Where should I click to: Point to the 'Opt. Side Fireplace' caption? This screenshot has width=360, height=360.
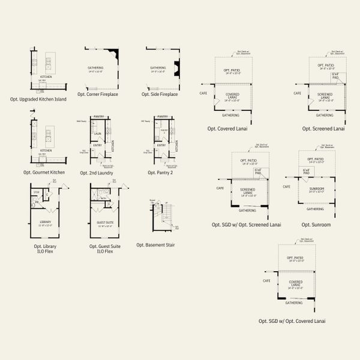[x=160, y=94]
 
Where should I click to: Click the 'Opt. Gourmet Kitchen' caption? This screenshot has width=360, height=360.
[x=44, y=172]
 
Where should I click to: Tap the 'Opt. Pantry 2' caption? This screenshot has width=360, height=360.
[x=160, y=172]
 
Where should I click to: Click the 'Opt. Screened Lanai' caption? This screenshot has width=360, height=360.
[x=323, y=128]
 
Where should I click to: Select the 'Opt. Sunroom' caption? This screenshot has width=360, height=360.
[x=316, y=224]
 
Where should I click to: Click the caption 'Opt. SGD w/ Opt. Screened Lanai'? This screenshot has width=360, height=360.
[x=247, y=224]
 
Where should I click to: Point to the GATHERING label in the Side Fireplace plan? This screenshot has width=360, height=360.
[x=158, y=68]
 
